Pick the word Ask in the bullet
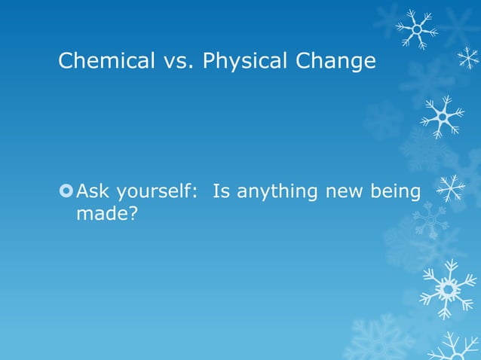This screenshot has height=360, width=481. pos(93,192)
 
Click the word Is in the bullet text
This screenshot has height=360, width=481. pos(222,192)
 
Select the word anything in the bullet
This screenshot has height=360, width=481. pos(277,192)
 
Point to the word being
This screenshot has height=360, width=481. pos(396,192)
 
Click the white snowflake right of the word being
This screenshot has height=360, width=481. pos(451,188)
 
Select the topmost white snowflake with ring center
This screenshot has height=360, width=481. pos(417,29)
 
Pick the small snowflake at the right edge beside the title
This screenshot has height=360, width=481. pos(468,58)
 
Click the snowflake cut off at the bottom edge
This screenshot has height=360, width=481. pos(453,348)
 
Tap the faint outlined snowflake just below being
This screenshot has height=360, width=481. pos(430,219)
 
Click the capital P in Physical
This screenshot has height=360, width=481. pos(208,61)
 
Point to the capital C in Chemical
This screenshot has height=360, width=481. pos(66,61)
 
